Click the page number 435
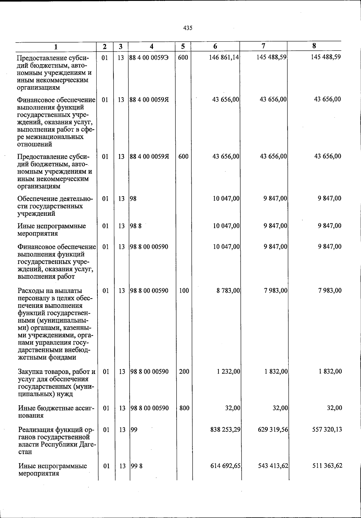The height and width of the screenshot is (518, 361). point(187,28)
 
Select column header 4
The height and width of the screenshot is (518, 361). point(152,46)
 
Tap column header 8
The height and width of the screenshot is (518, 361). point(314,46)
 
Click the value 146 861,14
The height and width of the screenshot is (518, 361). point(224,57)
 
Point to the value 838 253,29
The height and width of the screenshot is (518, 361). point(225,429)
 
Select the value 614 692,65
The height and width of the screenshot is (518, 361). point(225,466)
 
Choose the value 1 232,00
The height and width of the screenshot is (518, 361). point(228,371)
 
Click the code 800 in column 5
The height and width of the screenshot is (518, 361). point(184,408)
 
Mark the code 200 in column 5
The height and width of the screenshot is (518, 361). point(184,371)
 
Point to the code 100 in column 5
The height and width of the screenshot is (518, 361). point(184,290)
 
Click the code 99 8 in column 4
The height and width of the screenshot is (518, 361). point(137,466)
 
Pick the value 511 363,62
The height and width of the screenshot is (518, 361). point(327,466)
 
